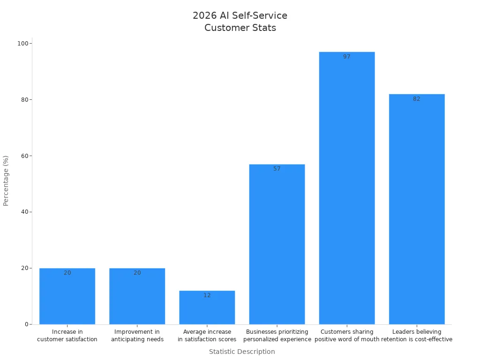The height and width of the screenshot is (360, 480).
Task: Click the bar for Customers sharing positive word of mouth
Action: pyautogui.click(x=347, y=187)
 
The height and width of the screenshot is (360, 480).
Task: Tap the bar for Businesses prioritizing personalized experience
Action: pyautogui.click(x=277, y=244)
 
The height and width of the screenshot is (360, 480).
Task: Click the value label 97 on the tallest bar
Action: pyautogui.click(x=347, y=57)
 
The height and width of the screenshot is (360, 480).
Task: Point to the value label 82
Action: pyautogui.click(x=417, y=99)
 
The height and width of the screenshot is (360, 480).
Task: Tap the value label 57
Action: pyautogui.click(x=277, y=169)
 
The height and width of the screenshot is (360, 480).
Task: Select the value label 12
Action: pyautogui.click(x=207, y=295)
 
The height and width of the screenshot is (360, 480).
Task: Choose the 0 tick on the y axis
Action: pyautogui.click(x=26, y=324)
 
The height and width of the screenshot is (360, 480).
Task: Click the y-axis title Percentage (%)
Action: pyautogui.click(x=6, y=180)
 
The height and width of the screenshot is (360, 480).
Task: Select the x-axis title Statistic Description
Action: pyautogui.click(x=242, y=352)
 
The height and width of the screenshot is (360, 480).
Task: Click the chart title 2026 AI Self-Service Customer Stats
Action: pyautogui.click(x=240, y=22)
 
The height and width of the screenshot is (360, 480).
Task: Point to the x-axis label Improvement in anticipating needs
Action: pyautogui.click(x=137, y=336)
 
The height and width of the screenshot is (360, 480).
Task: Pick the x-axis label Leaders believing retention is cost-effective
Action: pyautogui.click(x=417, y=336)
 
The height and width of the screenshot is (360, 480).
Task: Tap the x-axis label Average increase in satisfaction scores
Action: pyautogui.click(x=207, y=336)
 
